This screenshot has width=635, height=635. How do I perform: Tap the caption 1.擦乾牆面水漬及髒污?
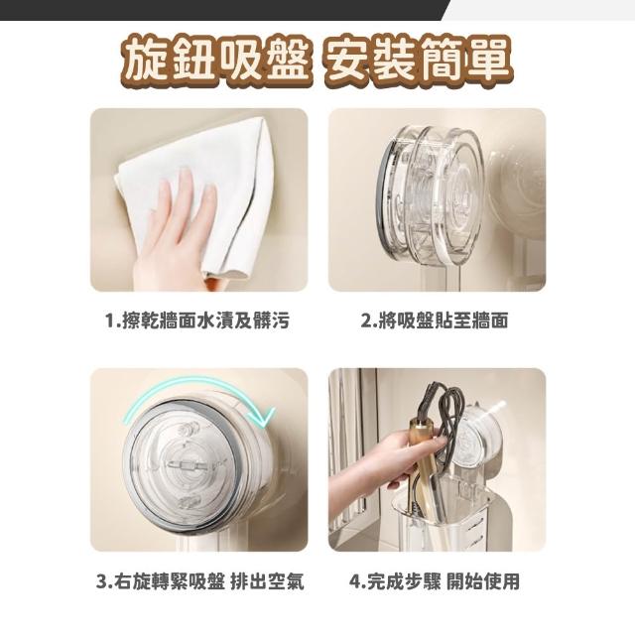(197, 320)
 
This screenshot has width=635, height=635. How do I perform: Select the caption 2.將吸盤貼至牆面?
(435, 320)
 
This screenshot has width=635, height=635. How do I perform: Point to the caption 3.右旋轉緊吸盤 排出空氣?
(199, 581)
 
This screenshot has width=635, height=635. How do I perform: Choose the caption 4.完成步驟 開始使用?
(435, 581)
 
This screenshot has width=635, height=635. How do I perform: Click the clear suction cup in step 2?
(430, 194)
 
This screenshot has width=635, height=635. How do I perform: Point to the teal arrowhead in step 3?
(265, 417)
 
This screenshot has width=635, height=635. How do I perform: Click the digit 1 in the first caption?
(109, 321)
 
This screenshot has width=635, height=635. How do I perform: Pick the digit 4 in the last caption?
(355, 581)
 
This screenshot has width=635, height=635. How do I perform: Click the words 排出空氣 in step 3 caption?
(267, 581)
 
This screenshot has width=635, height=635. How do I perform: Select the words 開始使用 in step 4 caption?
(483, 581)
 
